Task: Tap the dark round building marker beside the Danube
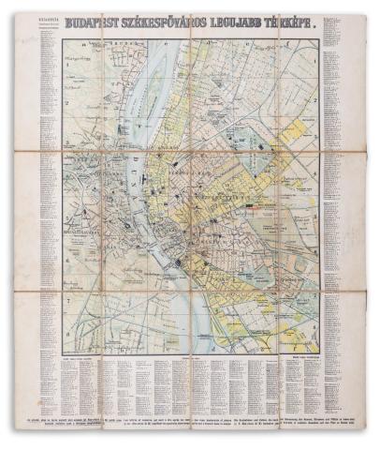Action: [x=177, y=264]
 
